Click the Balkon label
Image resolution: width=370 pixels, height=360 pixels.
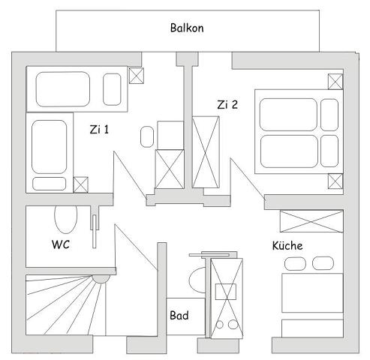pos(187,28)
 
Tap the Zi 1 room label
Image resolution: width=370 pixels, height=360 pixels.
pos(99,130)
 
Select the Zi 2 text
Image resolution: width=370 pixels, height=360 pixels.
pos(227,104)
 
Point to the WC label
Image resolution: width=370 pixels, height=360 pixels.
pos(61,244)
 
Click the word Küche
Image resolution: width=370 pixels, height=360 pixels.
pos(287,245)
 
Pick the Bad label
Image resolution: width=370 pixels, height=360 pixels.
pos(179,315)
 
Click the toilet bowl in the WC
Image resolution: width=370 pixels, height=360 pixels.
pos(66,220)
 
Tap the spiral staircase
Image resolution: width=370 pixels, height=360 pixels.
pos(66,305)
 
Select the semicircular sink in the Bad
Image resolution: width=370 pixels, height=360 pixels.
pos(197,280)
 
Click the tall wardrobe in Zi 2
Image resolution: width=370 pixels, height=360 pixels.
pos(206,152)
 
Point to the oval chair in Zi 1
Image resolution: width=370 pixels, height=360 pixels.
pos(147,136)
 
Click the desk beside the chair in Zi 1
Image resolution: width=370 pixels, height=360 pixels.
pos(170,135)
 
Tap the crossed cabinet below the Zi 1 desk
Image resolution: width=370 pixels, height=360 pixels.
pos(170,169)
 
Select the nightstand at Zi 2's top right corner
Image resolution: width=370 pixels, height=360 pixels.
pos(335,82)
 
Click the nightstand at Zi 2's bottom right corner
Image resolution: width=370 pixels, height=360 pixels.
pos(335,181)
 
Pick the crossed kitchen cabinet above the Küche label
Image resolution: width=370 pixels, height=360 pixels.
pos(311,221)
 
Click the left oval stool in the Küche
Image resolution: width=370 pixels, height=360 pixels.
pos(295,263)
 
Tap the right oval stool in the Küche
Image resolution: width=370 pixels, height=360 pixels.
pos(323,263)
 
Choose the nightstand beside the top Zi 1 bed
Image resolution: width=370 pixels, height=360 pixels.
pos(137,76)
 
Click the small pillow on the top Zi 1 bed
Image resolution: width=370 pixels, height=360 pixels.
pos(112,89)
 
